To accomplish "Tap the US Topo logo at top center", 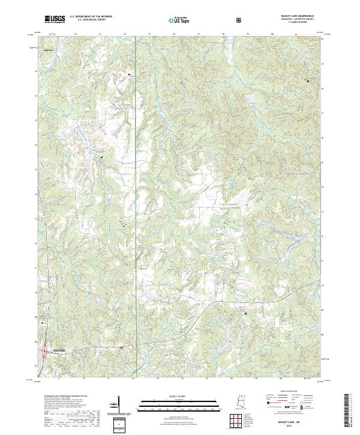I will point(179,20).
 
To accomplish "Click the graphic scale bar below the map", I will point(179,401).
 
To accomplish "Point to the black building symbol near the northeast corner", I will point(309,80).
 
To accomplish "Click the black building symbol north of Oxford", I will point(43,322).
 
